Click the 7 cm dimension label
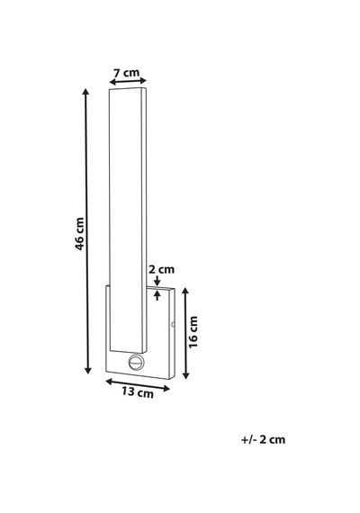pyautogui.click(x=126, y=72)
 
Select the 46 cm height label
pyautogui.click(x=79, y=234)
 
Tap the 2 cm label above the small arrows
pyautogui.click(x=162, y=270)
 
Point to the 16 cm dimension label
pyautogui.click(x=193, y=332)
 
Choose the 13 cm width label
pyautogui.click(x=138, y=391)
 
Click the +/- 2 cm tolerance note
pyautogui.click(x=263, y=439)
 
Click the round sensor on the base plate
pyautogui.click(x=136, y=362)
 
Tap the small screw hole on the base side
pyautogui.click(x=173, y=325)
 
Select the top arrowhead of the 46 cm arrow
pyautogui.click(x=85, y=92)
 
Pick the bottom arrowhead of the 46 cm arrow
pyautogui.click(x=87, y=370)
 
